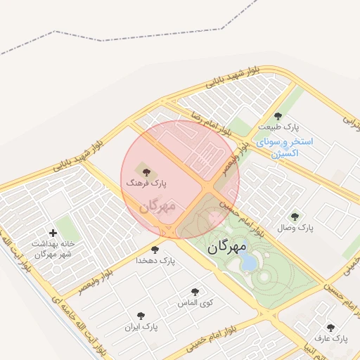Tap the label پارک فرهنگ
[146, 182]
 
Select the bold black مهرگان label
[227, 248]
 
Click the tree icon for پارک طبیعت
[278, 116]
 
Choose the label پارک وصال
[294, 229]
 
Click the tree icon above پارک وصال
[294, 217]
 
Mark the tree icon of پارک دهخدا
[155, 249]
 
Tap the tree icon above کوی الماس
[195, 292]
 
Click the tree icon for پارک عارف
[330, 327]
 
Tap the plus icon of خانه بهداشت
[53, 233]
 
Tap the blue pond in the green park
[247, 262]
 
